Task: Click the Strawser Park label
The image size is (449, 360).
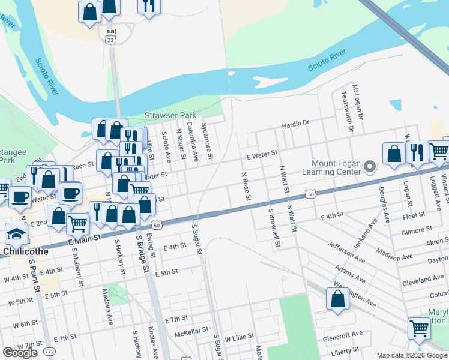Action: pos(170,115)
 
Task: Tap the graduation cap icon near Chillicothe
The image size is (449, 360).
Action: pos(16,233)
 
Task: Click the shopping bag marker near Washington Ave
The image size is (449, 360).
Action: pos(337,298)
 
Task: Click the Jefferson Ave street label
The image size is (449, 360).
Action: pos(346,253)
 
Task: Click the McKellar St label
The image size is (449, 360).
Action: pos(191,330)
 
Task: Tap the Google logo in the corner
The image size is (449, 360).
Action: pos(20,353)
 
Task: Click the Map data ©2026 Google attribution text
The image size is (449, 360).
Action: pos(412,355)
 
